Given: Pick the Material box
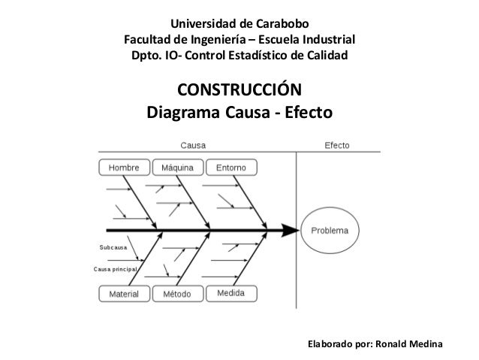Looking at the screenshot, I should click(124, 294).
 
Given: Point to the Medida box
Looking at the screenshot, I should click(230, 294).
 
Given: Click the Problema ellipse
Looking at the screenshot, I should click(330, 230).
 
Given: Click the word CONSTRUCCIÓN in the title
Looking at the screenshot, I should click(239, 92).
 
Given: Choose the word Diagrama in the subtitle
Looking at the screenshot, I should click(185, 114).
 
